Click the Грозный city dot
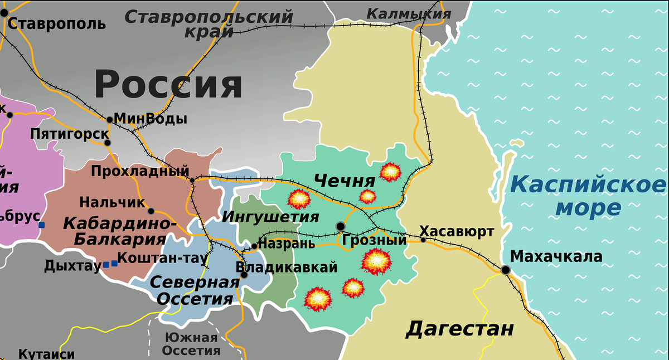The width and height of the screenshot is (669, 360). (x=340, y=226)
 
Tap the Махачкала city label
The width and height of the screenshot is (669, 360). (x=556, y=256)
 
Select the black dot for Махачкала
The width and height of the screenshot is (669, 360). (x=505, y=270)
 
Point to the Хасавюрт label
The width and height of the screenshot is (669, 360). (x=457, y=231)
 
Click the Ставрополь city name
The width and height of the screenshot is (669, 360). (x=57, y=23)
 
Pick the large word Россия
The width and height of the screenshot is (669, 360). (x=168, y=85)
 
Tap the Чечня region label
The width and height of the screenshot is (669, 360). (x=345, y=181)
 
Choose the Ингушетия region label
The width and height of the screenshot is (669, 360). (x=270, y=217)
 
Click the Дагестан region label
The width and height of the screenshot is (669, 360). (x=460, y=328)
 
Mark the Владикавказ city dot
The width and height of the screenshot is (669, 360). (x=244, y=274)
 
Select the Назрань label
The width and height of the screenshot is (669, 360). (x=287, y=244)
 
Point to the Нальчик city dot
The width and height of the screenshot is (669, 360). (x=151, y=211)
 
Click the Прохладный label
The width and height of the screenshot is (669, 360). (x=140, y=171)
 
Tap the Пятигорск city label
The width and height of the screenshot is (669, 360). (x=70, y=134)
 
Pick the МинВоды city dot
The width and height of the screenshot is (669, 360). (x=110, y=119)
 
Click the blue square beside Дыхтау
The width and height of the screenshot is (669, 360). (x=106, y=264)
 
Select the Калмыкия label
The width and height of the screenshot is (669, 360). (x=409, y=14)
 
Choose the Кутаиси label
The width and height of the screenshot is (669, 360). (x=47, y=354)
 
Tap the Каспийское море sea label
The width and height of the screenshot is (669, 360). (x=588, y=196)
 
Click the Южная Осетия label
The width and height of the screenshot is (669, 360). (x=191, y=344)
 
